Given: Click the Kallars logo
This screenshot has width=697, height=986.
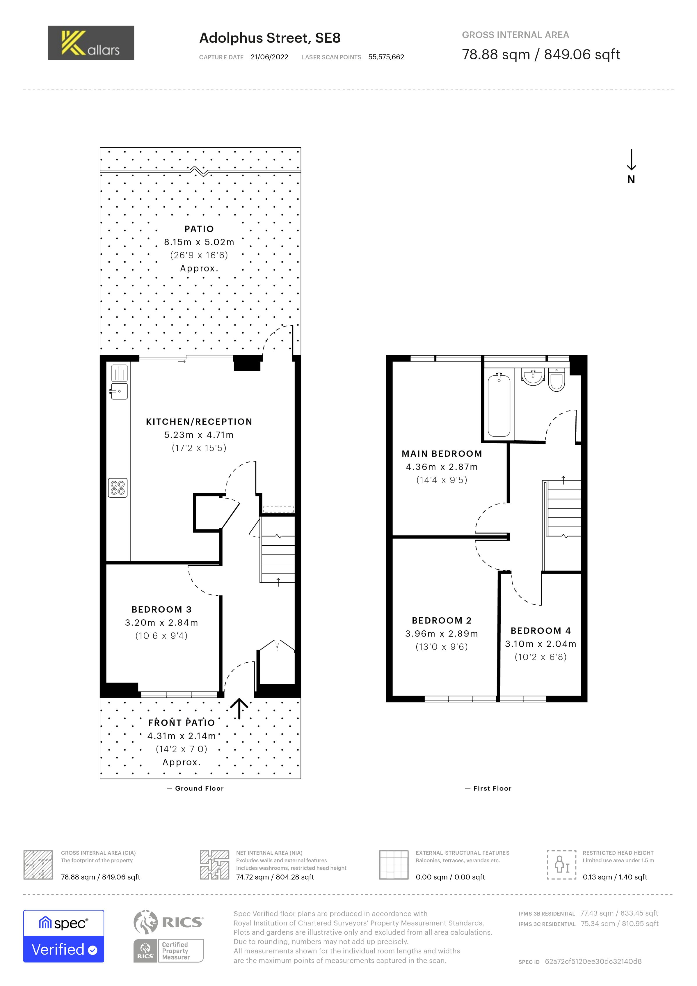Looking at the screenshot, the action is click(90, 43).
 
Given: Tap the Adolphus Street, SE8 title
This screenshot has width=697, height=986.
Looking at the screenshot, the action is click(270, 38).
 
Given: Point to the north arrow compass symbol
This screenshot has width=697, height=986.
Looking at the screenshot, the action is click(631, 167).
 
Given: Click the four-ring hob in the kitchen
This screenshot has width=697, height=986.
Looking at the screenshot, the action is click(118, 488).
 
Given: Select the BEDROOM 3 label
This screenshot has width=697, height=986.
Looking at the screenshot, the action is click(161, 609).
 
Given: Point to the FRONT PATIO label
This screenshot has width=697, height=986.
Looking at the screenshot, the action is click(182, 723).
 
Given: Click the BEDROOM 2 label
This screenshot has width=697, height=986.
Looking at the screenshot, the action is click(442, 620).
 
